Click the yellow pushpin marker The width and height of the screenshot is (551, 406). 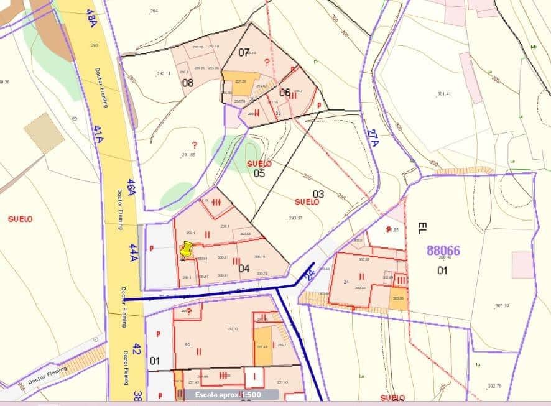click(185, 251)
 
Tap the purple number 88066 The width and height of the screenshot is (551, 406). click(443, 251)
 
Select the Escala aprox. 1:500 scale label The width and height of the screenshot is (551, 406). click(228, 395)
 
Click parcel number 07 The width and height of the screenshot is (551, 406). click(244, 52)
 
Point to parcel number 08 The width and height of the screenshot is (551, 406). click(188, 83)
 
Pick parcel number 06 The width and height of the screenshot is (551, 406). click(285, 93)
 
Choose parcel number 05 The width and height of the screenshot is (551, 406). click(259, 173)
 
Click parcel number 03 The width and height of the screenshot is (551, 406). click(318, 194)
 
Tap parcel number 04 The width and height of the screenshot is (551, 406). click(244, 269)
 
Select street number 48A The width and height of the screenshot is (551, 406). click(91, 17)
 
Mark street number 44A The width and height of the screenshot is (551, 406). click(133, 252)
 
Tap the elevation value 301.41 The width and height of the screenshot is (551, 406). click(443, 94)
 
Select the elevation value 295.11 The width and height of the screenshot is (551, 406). click(164, 73)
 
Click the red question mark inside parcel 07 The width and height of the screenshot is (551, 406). click(267, 62)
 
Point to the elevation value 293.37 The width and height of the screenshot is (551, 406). click(295, 218)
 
